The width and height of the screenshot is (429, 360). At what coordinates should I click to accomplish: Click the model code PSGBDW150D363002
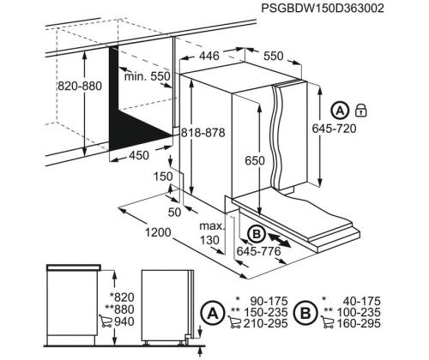click(323, 9)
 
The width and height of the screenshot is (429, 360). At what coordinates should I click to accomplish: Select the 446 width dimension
click(209, 56)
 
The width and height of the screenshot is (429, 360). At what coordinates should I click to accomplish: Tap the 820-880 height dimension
click(80, 86)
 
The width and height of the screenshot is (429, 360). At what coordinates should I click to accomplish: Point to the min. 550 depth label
click(148, 76)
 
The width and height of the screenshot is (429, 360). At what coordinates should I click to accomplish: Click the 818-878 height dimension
click(203, 133)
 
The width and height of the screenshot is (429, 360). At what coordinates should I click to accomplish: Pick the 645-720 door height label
click(334, 129)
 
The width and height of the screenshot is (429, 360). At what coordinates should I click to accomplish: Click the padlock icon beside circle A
click(361, 111)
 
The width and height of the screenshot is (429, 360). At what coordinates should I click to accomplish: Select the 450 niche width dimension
click(139, 155)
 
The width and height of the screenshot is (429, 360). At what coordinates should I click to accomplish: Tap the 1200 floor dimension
click(158, 233)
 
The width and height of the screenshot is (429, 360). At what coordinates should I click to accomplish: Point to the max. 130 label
click(212, 233)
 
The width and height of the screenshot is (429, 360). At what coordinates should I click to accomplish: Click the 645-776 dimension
click(259, 251)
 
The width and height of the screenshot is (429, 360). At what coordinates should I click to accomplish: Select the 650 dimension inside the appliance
click(255, 160)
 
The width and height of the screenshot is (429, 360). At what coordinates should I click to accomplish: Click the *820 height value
click(122, 297)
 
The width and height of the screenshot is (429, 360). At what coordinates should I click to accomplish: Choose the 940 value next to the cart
click(124, 321)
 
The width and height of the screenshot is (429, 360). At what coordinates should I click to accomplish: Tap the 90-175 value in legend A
click(269, 301)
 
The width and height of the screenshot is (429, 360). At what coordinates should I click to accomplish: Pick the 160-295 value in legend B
click(359, 323)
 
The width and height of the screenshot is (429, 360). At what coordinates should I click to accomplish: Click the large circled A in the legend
click(213, 314)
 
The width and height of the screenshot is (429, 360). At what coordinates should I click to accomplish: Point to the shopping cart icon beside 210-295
click(235, 323)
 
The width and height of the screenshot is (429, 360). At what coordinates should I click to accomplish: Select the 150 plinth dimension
click(163, 177)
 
